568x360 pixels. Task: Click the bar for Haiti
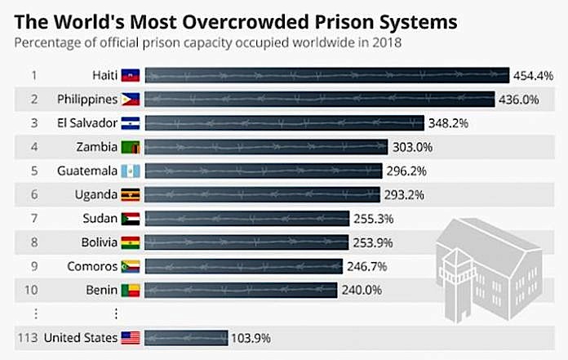pos(326,76)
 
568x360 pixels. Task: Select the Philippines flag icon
pos(131,100)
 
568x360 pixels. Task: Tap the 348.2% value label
pos(450,123)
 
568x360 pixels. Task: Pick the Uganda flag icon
pos(131,195)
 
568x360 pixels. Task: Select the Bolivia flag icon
pos(131,242)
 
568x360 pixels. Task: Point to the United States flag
pos(131,337)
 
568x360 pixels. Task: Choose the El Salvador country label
pos(87,123)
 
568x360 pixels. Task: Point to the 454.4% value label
pos(534,76)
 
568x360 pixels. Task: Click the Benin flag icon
pos(131,290)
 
